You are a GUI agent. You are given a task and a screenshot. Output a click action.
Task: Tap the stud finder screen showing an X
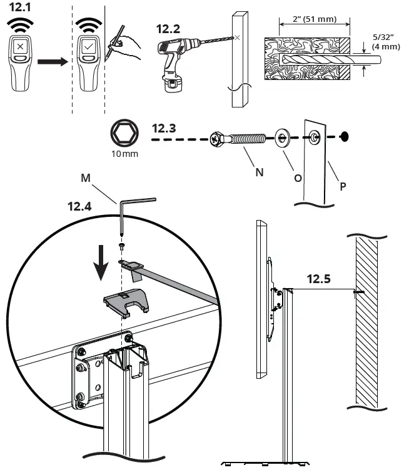tap(22, 47)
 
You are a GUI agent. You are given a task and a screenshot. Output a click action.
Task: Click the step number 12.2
tap(168, 28)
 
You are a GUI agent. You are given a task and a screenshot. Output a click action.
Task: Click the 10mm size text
tap(124, 152)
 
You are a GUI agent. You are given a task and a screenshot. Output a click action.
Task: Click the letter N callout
tap(259, 173)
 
